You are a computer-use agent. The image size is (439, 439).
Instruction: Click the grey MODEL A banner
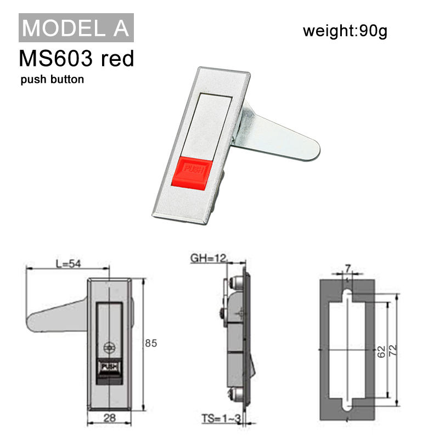click(76, 28)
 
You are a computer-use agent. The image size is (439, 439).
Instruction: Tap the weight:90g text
click(345, 31)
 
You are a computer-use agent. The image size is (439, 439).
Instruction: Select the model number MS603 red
click(76, 58)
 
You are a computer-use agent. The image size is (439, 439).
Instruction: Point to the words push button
click(52, 79)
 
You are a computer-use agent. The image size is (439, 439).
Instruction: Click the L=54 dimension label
click(68, 263)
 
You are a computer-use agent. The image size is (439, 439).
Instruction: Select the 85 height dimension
click(151, 343)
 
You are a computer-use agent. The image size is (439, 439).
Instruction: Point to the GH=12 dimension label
click(209, 258)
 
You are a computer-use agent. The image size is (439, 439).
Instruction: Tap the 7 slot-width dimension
click(347, 268)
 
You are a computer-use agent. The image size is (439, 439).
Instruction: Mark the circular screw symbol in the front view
click(109, 347)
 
